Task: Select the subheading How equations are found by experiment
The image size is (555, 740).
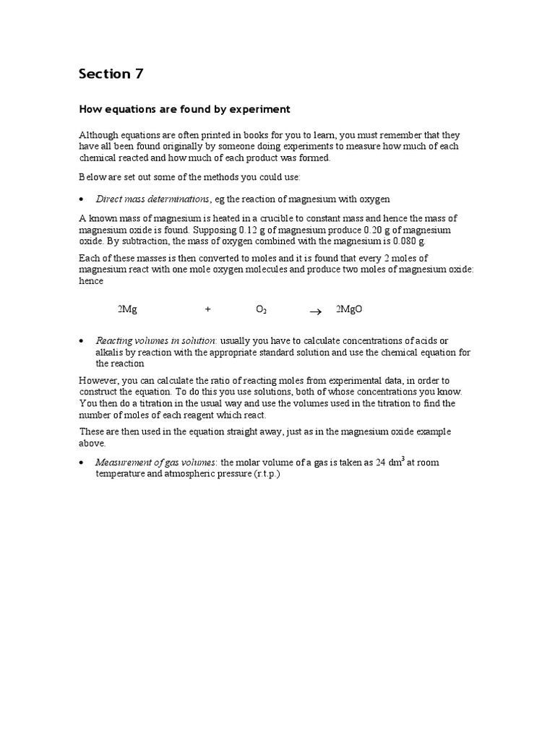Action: pyautogui.click(x=184, y=109)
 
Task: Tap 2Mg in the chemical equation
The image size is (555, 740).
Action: pyautogui.click(x=127, y=309)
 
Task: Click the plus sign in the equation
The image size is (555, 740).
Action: pyautogui.click(x=208, y=309)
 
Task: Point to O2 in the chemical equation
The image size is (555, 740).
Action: pyautogui.click(x=262, y=310)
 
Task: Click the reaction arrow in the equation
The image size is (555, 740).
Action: pyautogui.click(x=315, y=311)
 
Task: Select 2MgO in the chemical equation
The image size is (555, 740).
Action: pyautogui.click(x=349, y=309)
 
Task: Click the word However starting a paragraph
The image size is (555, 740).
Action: pyautogui.click(x=98, y=380)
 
